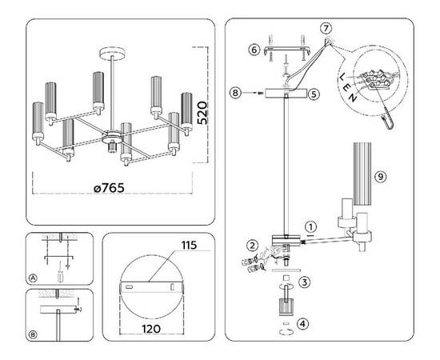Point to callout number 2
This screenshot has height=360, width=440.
252,246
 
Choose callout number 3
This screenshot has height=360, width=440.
304,282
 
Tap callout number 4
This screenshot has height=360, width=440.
303,324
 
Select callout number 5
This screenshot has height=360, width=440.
314,94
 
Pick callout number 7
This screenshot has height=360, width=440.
326,29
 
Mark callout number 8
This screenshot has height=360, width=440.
235,94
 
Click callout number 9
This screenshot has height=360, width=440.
381,175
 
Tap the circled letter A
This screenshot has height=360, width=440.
33,278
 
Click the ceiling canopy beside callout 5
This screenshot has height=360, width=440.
286,94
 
